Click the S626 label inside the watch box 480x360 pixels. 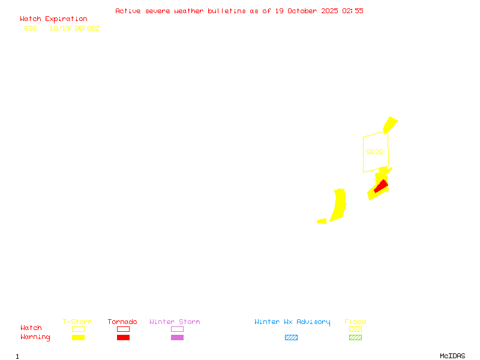[374, 152]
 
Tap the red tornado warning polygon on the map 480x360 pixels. [380, 187]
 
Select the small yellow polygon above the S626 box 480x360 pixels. [391, 124]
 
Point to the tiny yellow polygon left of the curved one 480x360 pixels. [322, 221]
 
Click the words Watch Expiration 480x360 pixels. [53, 19]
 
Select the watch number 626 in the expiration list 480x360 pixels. [31, 28]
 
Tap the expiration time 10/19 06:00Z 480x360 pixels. [74, 28]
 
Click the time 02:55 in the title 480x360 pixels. [353, 11]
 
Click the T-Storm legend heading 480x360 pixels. [77, 322]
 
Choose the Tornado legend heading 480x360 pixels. [122, 322]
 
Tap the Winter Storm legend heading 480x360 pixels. [175, 322]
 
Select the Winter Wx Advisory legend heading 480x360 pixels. [292, 322]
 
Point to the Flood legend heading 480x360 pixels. [355, 322]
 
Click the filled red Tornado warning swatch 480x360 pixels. [123, 338]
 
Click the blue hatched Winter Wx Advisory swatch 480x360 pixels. [291, 338]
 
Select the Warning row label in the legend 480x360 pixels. [35, 337]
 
